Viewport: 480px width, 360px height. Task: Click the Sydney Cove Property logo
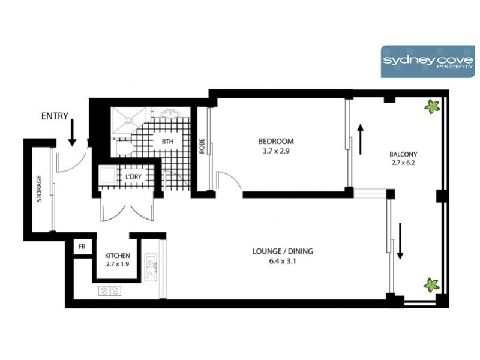click(427, 61)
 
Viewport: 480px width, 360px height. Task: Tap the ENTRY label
click(55, 116)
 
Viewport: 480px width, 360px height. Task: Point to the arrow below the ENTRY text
click(72, 133)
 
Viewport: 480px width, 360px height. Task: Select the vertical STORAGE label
click(39, 188)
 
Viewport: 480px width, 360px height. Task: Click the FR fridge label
click(80, 247)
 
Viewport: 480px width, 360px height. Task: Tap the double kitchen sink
click(151, 266)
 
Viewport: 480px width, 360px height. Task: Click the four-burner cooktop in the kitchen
click(109, 291)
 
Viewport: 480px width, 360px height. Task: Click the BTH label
click(167, 142)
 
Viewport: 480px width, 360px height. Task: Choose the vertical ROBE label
click(202, 147)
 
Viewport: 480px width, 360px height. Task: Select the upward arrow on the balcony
click(361, 139)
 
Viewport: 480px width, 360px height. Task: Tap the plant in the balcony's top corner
click(431, 107)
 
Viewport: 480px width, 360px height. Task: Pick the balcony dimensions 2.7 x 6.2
click(403, 162)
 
